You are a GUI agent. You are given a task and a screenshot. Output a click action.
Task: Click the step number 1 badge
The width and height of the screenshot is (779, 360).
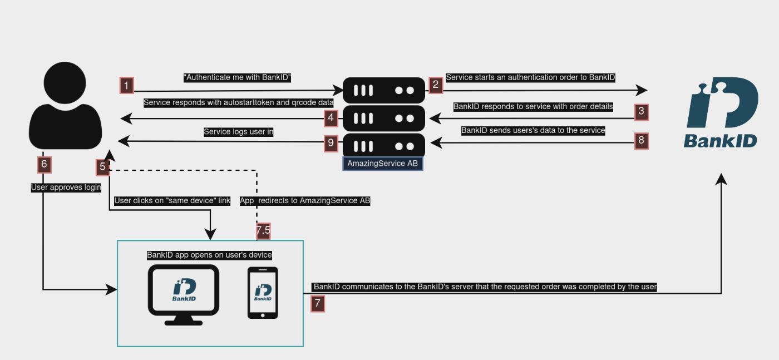coord(127,85)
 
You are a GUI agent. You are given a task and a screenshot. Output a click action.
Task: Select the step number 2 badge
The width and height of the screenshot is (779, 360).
coord(436,85)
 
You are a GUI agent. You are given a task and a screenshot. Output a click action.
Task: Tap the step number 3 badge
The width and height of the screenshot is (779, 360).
coord(642,111)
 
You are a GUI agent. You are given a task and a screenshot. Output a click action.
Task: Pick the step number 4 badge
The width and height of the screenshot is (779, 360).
coord(331,117)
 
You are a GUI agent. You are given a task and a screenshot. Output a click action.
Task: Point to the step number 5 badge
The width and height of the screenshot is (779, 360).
coord(102,166)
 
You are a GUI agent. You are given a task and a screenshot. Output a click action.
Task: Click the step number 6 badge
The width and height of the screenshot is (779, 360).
coord(45,165)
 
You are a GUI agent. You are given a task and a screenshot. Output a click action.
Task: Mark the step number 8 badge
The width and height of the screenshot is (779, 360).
coord(642,141)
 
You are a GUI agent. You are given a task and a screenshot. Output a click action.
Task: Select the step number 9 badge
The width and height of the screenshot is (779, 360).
coord(331,143)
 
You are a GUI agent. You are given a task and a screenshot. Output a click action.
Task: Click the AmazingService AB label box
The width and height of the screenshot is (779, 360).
coord(383,164)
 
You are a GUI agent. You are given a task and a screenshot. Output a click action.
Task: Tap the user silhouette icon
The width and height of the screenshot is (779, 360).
coord(66,106)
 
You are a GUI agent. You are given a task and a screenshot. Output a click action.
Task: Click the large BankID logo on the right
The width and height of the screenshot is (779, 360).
coord(721,112)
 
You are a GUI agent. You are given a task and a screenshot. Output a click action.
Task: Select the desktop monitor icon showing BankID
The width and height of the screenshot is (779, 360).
coord(183,294)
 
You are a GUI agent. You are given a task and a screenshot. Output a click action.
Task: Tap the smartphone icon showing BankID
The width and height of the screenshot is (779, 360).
coord(263,293)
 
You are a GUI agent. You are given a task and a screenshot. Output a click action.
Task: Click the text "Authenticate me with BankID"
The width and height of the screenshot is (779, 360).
coord(238,78)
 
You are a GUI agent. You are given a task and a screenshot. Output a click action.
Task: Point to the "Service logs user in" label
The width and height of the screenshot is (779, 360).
coord(239,132)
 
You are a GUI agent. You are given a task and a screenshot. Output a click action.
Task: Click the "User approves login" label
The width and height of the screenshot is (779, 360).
coord(66,188)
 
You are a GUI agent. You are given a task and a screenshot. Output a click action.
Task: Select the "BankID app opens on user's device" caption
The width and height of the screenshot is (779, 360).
coord(209,255)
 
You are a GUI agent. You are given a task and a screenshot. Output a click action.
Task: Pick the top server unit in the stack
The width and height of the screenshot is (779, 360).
coord(383,90)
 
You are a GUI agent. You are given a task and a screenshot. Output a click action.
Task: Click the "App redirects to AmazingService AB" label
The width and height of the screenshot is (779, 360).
coord(305,201)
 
